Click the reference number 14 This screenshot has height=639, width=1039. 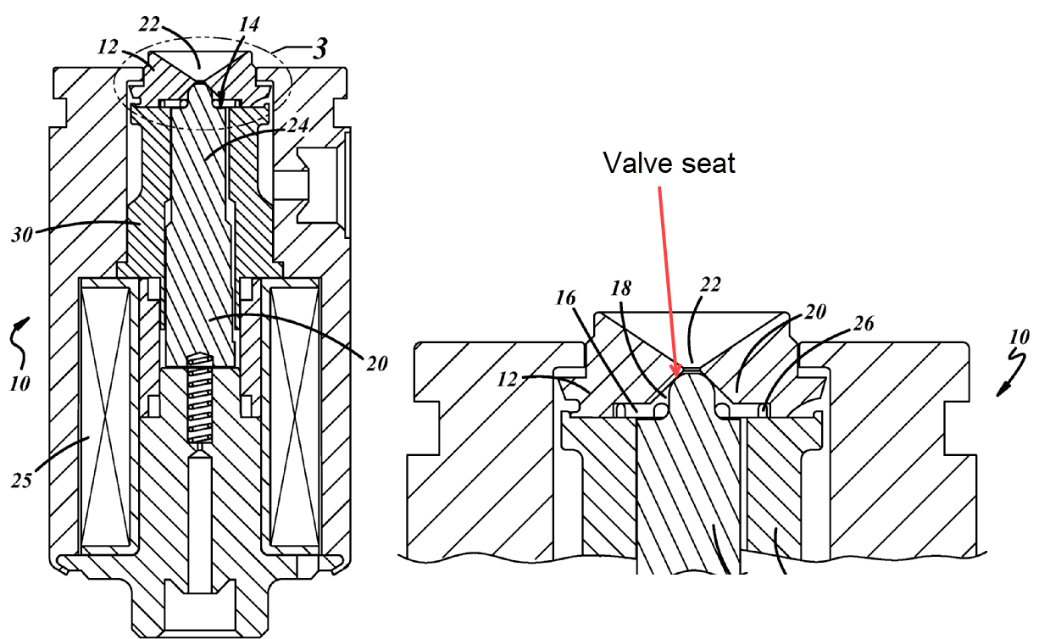click(249, 24)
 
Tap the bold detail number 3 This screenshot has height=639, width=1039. click(320, 48)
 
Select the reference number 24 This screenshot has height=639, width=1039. click(297, 125)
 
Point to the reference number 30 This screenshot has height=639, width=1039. click(22, 235)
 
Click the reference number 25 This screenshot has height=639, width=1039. click(22, 481)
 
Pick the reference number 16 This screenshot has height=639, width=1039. click(565, 298)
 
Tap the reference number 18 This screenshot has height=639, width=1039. click(621, 288)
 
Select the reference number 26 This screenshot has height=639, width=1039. click(864, 323)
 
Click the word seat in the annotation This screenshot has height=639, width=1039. click(709, 164)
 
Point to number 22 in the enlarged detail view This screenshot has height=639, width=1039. click(710, 284)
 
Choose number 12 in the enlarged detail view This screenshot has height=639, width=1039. click(507, 380)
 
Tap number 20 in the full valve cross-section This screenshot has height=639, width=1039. click(376, 364)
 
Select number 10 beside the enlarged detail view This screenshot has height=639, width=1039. click(1019, 337)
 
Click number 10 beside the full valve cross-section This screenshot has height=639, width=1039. click(19, 384)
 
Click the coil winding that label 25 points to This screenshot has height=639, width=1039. click(106, 416)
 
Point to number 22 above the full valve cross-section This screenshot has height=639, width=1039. click(149, 24)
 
